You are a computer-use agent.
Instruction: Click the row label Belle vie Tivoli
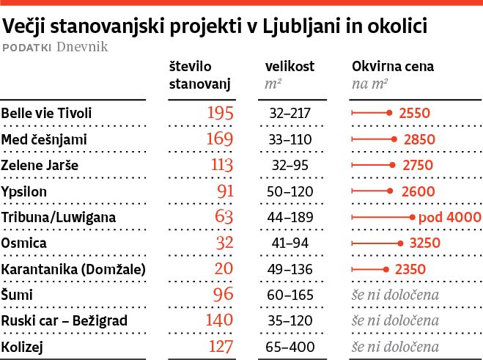tap(48, 114)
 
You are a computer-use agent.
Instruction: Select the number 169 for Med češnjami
tap(218, 139)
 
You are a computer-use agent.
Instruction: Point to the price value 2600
tap(419, 191)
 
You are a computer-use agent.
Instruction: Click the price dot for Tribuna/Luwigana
tap(413, 217)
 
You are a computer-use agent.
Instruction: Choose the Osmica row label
tap(24, 243)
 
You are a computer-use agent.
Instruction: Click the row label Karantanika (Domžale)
tap(73, 269)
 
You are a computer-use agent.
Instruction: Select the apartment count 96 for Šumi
tap(224, 295)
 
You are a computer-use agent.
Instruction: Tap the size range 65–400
tap(290, 347)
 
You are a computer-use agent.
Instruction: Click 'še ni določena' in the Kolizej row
tap(395, 347)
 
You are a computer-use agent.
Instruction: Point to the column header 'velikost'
tap(290, 66)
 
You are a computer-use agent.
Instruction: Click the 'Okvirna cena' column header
tap(393, 66)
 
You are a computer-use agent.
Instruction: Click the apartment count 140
tap(219, 321)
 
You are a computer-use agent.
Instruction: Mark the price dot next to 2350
tap(386, 269)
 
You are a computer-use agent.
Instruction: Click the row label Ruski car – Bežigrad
tap(64, 321)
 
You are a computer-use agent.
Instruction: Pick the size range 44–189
tap(290, 217)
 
